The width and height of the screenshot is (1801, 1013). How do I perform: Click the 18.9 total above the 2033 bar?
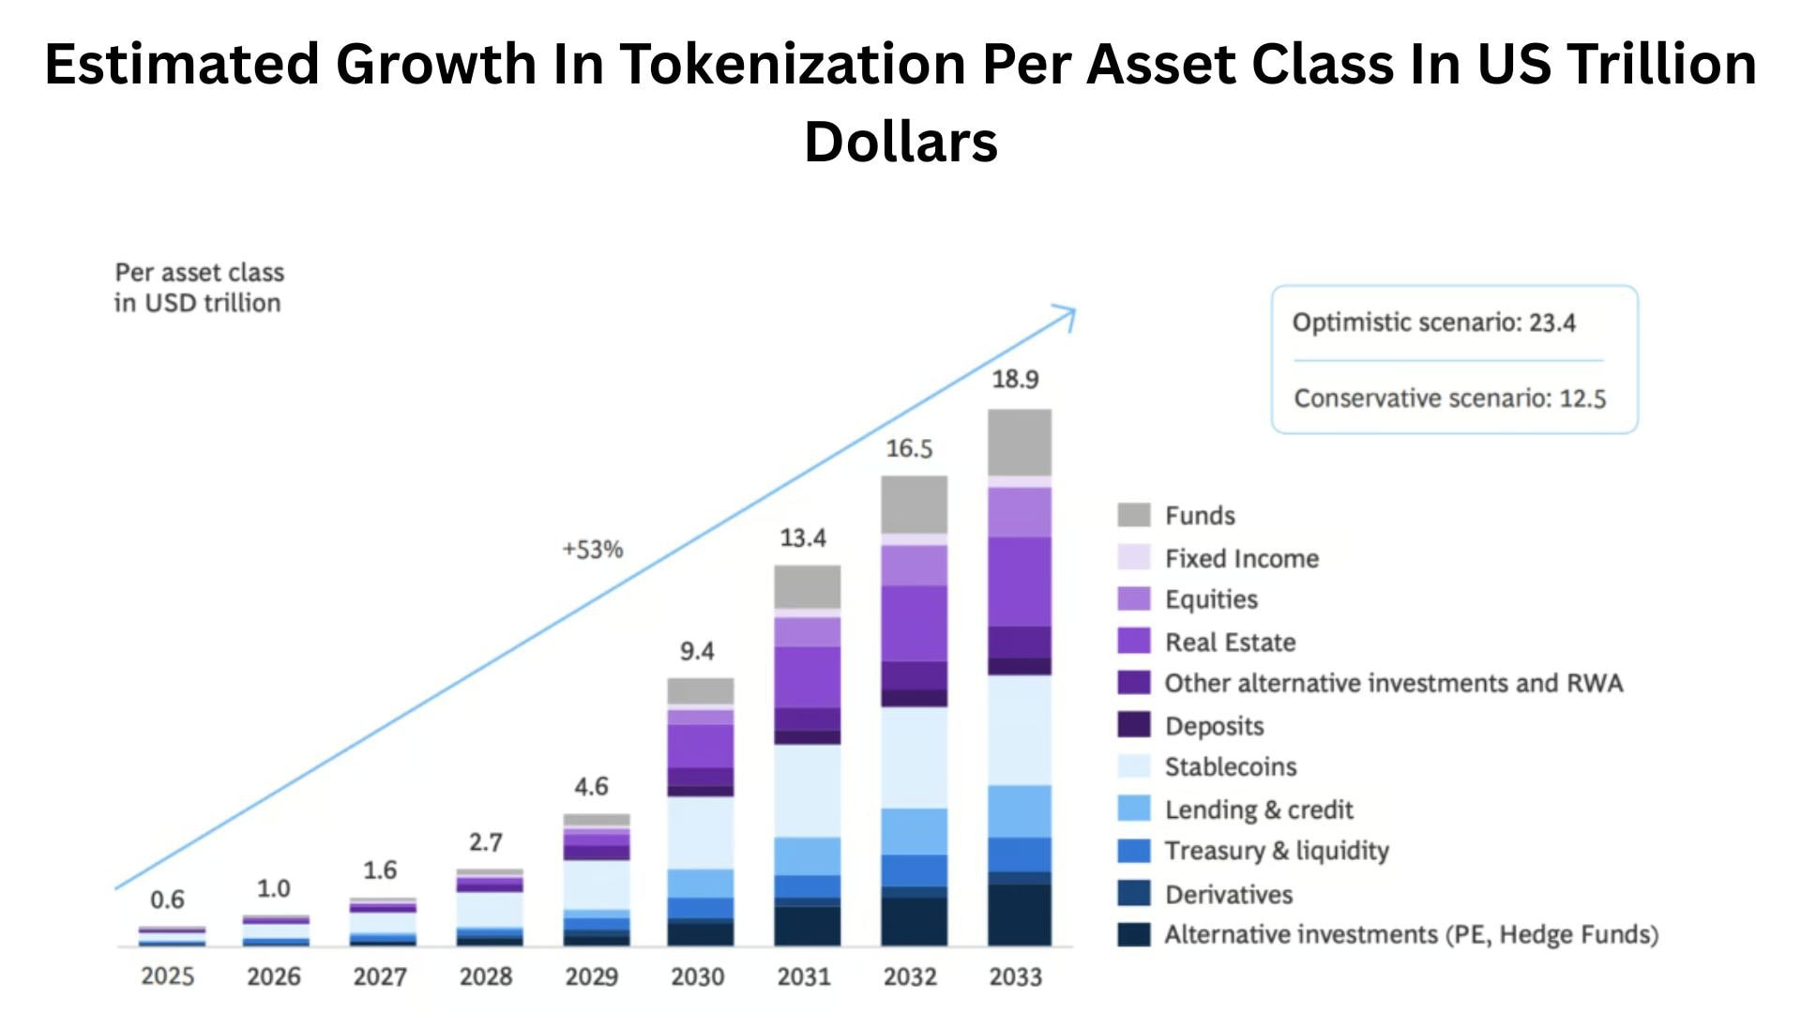click(1015, 380)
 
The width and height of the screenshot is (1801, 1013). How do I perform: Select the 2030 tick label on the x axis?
click(697, 976)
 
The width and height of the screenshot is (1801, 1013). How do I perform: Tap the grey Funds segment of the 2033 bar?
click(1019, 442)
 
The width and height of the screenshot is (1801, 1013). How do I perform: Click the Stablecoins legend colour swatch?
click(1133, 766)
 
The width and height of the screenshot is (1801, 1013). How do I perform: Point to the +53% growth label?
click(592, 550)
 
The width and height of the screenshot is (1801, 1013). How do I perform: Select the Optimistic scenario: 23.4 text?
click(1433, 323)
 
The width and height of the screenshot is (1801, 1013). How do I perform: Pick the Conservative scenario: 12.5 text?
click(1449, 399)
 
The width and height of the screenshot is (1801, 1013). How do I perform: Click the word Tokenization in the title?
click(793, 64)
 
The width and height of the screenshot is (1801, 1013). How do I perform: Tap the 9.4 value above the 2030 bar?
click(697, 651)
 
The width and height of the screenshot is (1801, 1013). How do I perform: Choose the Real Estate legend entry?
click(1230, 643)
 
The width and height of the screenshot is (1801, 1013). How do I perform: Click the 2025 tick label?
click(168, 976)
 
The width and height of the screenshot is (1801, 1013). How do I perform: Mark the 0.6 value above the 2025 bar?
click(167, 900)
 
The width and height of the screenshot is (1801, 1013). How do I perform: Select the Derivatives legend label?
click(1229, 895)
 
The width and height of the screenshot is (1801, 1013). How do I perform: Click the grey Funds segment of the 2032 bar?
click(914, 505)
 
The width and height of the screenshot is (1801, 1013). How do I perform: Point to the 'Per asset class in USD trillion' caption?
click(199, 288)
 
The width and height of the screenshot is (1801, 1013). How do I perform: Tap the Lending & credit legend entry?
click(1258, 809)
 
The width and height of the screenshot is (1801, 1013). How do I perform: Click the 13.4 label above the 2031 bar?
click(803, 538)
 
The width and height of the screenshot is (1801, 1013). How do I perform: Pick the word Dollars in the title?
click(900, 143)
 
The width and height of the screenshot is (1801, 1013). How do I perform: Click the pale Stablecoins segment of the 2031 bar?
click(807, 790)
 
